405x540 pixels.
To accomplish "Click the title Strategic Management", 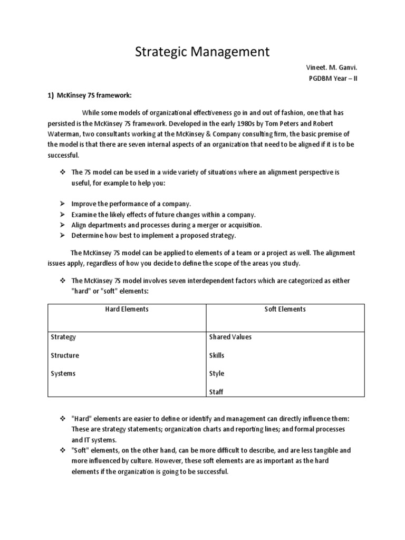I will pos(202,52).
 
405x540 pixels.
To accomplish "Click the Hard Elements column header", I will pos(127,309).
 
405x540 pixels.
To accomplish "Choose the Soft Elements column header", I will pos(285,309).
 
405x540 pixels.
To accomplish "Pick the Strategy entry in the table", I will pos(63,337).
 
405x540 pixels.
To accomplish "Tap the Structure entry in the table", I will pos(65,355).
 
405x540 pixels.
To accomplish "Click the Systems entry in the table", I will pos(63,373).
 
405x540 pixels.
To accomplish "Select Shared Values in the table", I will pos(230,337).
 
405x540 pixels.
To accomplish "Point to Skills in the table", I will pos(217,355).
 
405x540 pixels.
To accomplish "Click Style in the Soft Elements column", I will pos(217,373).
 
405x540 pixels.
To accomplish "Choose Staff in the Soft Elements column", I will pos(217,392).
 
